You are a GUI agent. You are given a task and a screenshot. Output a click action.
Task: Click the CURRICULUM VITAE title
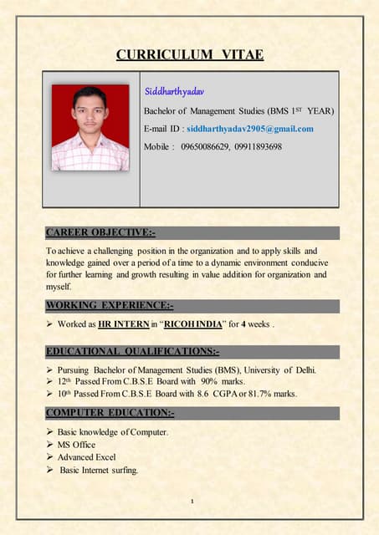(189, 55)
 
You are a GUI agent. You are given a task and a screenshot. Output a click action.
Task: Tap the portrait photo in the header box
(90, 127)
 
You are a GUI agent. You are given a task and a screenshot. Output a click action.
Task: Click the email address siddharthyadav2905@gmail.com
(250, 129)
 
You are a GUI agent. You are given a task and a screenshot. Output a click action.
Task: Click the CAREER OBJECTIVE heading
(100, 232)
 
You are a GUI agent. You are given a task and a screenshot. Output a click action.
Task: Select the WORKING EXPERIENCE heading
(109, 305)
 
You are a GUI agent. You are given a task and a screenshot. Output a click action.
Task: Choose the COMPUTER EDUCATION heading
(110, 413)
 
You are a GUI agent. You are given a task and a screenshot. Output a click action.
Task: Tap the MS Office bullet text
(76, 445)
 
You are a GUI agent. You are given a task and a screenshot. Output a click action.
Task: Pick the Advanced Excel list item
(86, 457)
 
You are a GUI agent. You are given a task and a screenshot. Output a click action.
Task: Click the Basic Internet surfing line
(98, 470)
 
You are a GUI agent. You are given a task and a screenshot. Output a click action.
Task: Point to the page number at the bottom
(192, 502)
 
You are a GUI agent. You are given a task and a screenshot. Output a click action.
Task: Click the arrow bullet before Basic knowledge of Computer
(49, 432)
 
